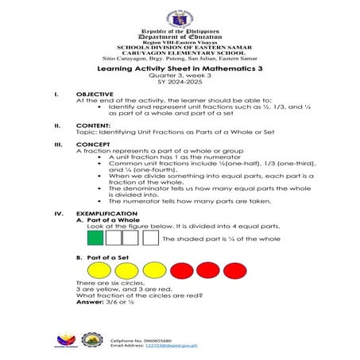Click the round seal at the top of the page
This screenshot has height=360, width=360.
[180, 17]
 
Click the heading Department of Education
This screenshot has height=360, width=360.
[180, 37]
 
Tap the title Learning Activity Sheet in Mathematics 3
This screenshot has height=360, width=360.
[180, 72]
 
